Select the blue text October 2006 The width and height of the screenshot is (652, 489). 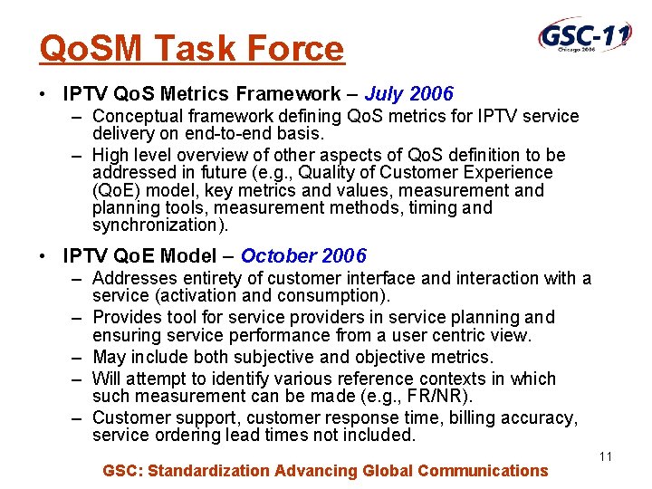pos(303,256)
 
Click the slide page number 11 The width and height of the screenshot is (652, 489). pos(606,456)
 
